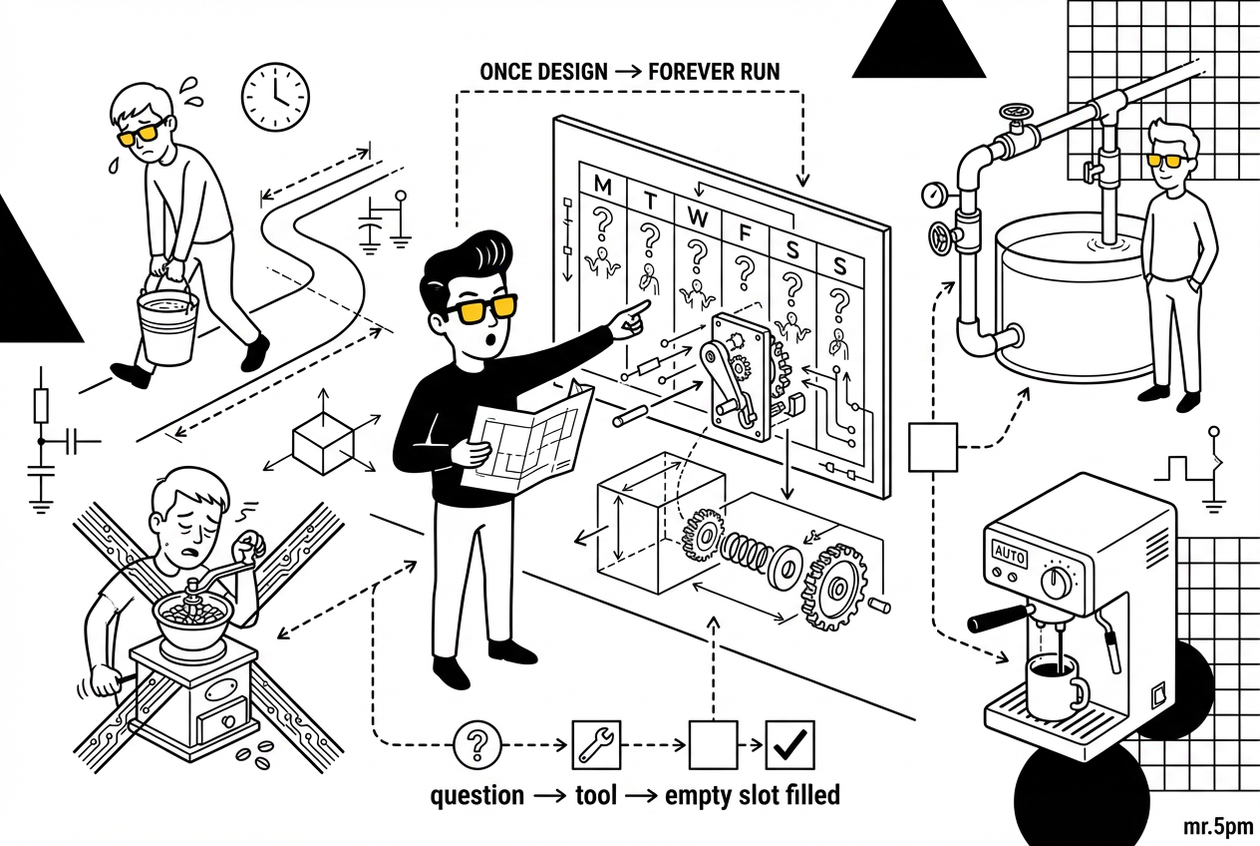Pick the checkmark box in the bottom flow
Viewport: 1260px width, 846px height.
click(790, 744)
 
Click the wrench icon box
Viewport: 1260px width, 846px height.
click(596, 744)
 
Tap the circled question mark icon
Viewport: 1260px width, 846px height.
click(477, 744)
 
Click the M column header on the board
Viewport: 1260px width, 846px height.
click(602, 185)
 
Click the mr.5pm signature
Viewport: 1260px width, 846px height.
click(1217, 827)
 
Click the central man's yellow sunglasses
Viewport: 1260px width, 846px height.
click(480, 310)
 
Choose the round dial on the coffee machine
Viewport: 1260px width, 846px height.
click(1057, 581)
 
